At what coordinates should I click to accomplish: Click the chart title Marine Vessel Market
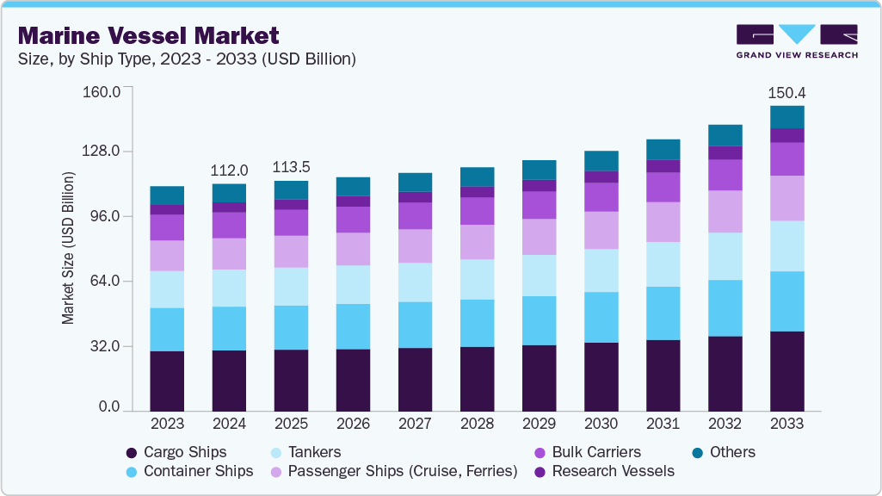148,35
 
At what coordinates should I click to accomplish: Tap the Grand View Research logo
797,41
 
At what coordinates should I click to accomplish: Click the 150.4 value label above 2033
786,93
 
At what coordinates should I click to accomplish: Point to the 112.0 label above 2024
229,170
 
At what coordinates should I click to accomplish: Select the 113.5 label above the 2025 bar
291,167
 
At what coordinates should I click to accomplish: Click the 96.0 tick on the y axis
102,216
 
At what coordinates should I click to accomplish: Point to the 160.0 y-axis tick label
99,90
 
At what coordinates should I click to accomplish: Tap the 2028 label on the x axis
477,424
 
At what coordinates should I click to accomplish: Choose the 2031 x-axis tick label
663,424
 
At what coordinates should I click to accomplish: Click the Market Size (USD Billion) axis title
68,248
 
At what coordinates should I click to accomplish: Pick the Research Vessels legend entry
604,471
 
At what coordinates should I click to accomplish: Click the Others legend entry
724,452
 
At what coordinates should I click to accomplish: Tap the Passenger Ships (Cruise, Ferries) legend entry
392,471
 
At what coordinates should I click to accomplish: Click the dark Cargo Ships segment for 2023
167,381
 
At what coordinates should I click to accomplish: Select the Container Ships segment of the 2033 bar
786,301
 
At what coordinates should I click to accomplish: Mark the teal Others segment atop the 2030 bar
601,160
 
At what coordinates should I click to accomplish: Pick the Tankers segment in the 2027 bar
415,282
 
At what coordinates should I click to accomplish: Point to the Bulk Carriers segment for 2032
725,175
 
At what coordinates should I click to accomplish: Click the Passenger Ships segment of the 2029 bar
539,237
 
